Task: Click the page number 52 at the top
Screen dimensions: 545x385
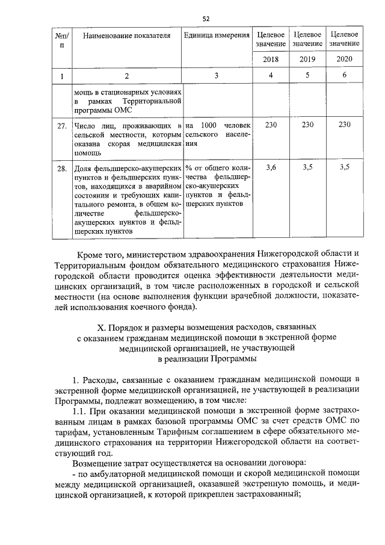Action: (x=206, y=19)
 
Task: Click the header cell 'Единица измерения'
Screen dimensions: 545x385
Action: (x=217, y=36)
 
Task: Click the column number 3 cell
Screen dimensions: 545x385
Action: (x=217, y=76)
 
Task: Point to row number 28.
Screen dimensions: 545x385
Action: (x=61, y=169)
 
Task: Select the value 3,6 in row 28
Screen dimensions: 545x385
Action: (x=271, y=168)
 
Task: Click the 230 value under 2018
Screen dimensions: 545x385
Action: (x=271, y=125)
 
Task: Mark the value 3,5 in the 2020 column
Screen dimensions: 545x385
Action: (x=345, y=168)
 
